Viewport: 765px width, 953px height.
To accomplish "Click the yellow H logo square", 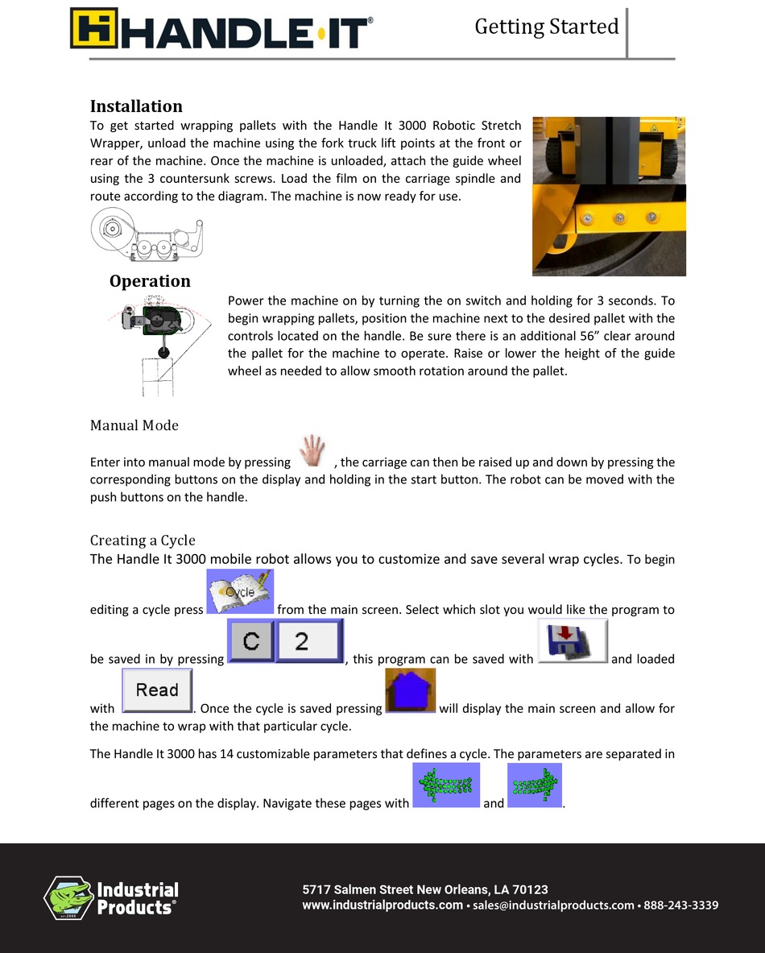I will (93, 28).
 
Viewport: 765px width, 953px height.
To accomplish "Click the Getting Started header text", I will (546, 27).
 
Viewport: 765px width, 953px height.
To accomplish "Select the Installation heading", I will (136, 106).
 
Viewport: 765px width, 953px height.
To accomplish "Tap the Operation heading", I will (150, 281).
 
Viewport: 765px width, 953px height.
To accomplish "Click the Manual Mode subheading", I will (134, 425).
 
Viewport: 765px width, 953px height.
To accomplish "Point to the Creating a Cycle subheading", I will (143, 540).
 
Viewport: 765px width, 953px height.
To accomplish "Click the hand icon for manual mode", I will (312, 451).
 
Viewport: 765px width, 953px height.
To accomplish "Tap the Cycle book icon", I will (240, 592).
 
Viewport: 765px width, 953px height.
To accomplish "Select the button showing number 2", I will (309, 641).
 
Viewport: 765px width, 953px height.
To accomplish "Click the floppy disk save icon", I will (572, 641).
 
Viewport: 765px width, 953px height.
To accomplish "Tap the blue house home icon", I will (411, 691).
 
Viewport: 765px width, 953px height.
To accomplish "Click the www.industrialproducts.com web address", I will (382, 905).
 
